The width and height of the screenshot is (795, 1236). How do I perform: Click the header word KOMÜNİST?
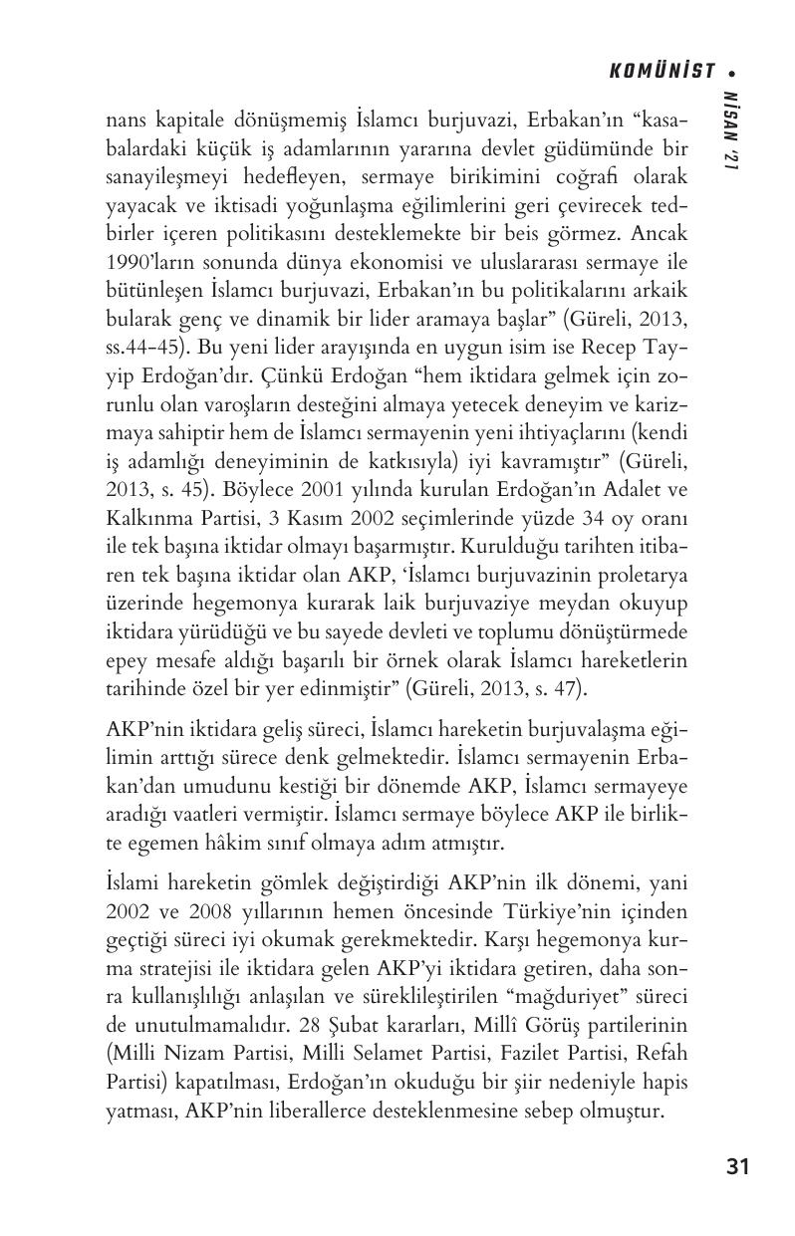pos(662,71)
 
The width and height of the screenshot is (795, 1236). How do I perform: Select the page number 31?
pos(737,1166)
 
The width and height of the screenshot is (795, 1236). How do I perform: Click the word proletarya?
pos(634,577)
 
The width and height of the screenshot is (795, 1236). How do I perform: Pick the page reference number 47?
pos(564,687)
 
